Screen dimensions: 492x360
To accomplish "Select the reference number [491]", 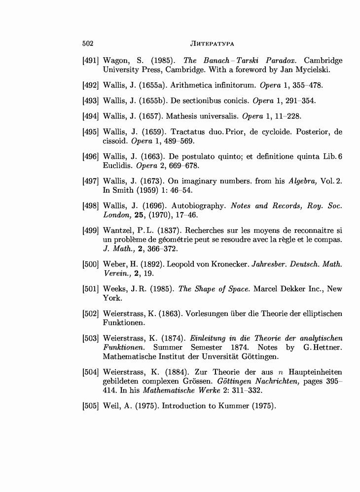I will click(x=91, y=61).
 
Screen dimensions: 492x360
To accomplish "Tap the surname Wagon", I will click(x=116, y=61).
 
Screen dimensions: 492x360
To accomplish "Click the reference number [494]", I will click(x=91, y=116).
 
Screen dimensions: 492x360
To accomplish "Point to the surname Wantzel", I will click(x=117, y=231).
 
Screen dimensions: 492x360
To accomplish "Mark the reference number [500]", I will click(x=91, y=264).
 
